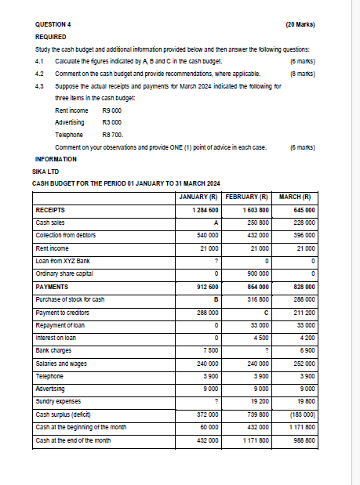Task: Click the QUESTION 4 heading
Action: (53, 24)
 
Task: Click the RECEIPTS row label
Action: (52, 210)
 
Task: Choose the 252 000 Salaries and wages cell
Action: (303, 364)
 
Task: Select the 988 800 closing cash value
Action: (303, 440)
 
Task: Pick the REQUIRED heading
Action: (51, 37)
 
